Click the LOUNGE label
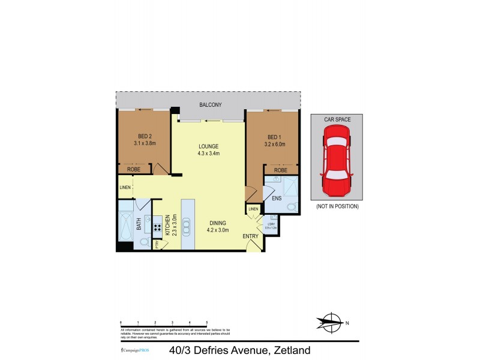[x=209, y=146]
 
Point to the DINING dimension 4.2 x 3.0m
[x=217, y=229]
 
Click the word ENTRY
[x=250, y=236]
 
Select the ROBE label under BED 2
[x=133, y=170]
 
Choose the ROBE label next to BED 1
[x=280, y=170]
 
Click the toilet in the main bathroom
[x=144, y=242]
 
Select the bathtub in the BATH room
[x=126, y=227]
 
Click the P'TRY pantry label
[x=157, y=245]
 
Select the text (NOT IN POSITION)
[x=337, y=206]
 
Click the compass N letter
[x=347, y=323]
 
